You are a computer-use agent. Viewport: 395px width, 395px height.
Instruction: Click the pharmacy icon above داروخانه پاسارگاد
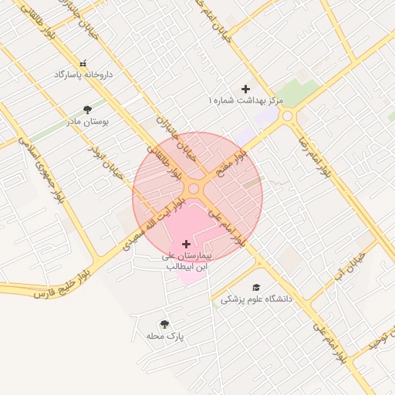pyautogui.click(x=83, y=63)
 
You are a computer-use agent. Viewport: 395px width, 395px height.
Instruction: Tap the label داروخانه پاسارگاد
pyautogui.click(x=83, y=75)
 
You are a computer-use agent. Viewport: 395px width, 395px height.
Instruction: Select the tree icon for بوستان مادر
pyautogui.click(x=87, y=110)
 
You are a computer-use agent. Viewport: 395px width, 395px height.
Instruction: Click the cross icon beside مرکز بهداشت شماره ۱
pyautogui.click(x=246, y=89)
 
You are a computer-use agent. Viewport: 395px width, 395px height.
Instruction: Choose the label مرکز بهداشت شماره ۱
pyautogui.click(x=246, y=101)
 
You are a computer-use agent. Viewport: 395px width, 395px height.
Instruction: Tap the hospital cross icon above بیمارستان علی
pyautogui.click(x=186, y=244)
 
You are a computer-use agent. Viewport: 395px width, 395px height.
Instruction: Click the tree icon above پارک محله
pyautogui.click(x=164, y=325)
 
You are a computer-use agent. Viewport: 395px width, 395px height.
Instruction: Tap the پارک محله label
pyautogui.click(x=164, y=336)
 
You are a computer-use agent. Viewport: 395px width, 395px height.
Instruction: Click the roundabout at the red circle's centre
pyautogui.click(x=194, y=189)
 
